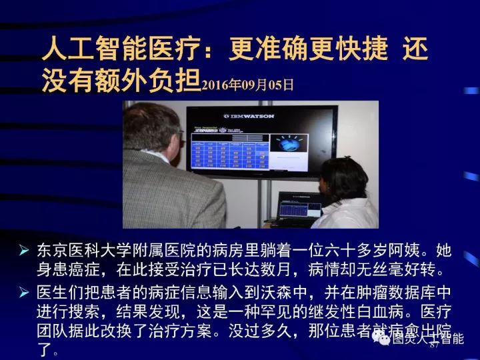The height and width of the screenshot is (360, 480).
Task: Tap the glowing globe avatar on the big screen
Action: (290, 145)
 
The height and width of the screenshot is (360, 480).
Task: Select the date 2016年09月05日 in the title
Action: (247, 85)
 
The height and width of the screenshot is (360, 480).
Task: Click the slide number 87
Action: (434, 347)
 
